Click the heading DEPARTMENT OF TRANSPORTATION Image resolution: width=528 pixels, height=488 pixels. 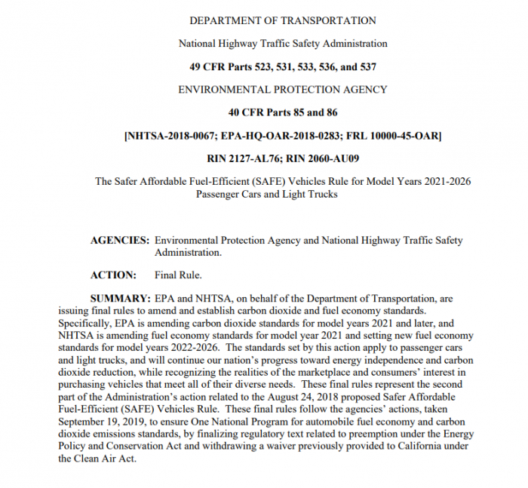click(282, 20)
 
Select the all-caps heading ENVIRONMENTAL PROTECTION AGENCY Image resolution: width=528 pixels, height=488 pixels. click(282, 89)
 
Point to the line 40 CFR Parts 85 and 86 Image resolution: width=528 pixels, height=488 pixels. click(282, 112)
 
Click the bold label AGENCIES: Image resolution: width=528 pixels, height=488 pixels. click(119, 241)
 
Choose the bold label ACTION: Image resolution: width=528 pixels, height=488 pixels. click(113, 275)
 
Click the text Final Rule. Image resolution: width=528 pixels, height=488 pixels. click(178, 275)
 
